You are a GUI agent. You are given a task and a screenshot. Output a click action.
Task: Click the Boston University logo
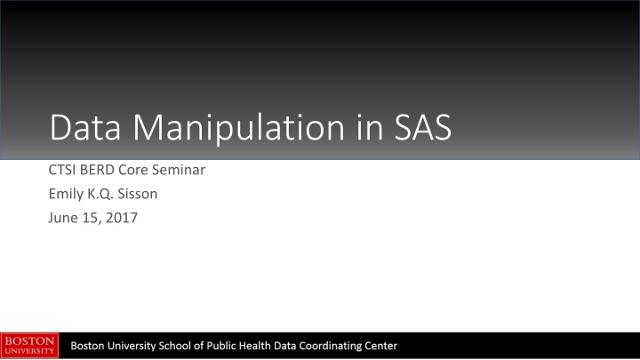click(29, 345)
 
